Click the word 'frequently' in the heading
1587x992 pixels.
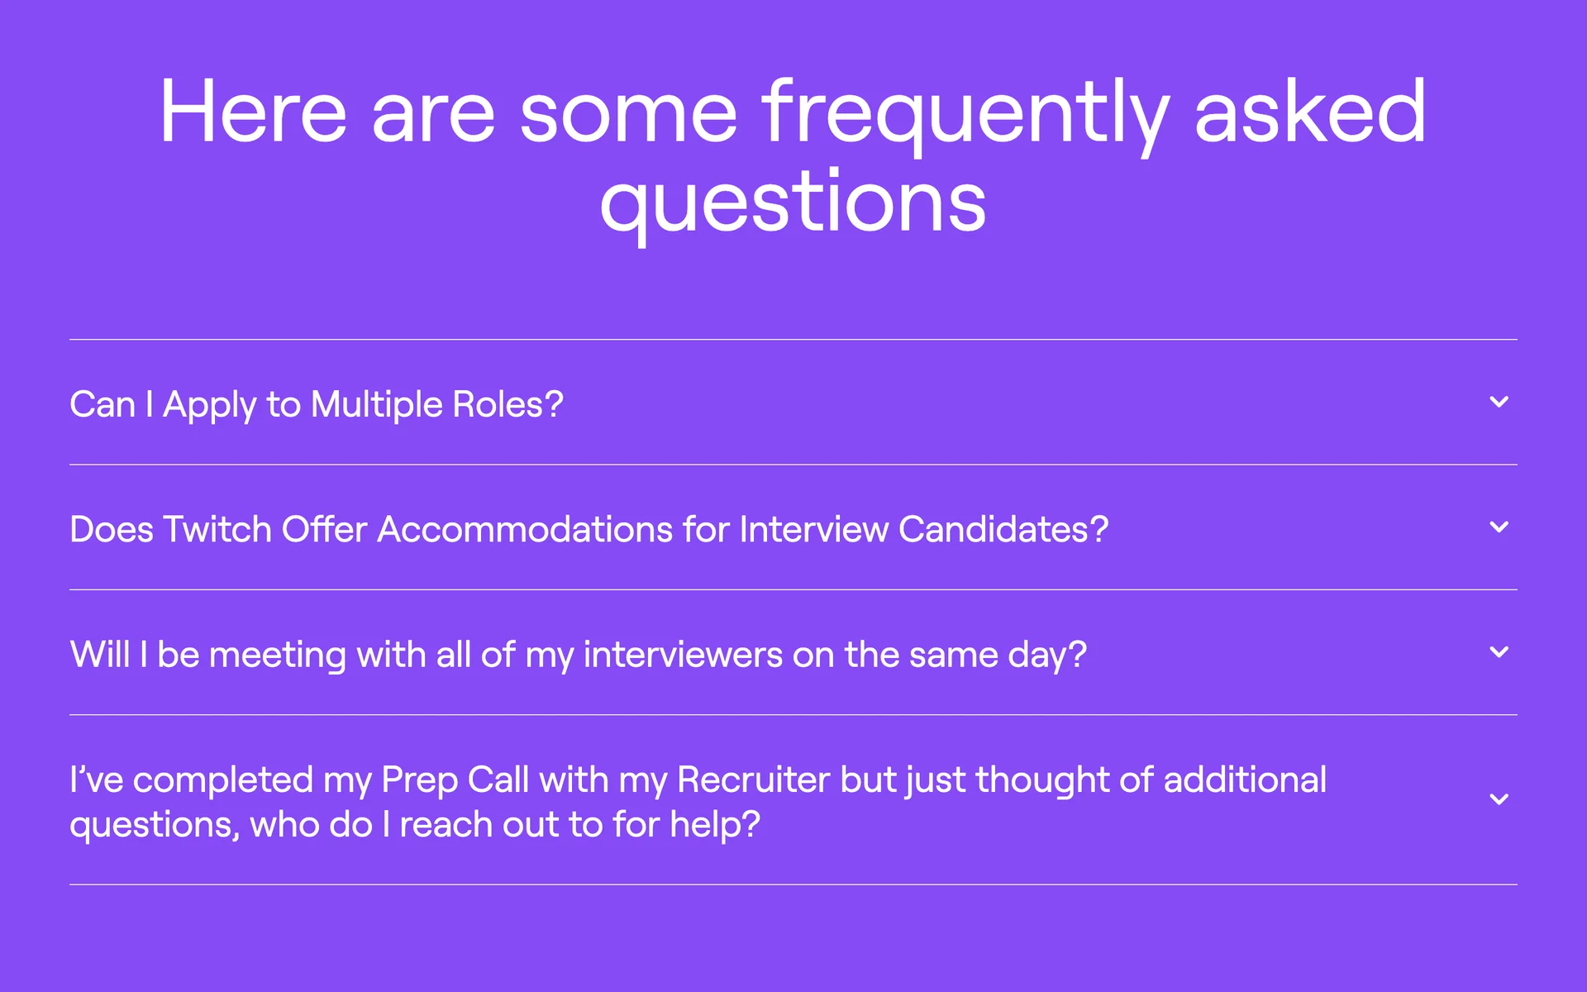click(965, 115)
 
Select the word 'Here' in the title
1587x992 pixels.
click(254, 111)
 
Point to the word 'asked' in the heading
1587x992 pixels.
click(1311, 111)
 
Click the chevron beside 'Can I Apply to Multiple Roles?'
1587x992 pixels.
click(1499, 402)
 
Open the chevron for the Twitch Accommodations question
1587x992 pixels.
click(1499, 527)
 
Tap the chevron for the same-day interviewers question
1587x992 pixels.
click(1499, 652)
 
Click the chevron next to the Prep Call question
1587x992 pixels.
click(1499, 799)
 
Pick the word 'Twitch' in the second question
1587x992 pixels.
click(217, 529)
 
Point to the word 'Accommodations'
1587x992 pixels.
click(525, 529)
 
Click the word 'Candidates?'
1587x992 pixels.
click(1003, 529)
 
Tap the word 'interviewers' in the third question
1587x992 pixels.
click(684, 655)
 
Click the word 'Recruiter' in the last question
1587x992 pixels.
click(754, 780)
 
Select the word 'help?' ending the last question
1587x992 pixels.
click(715, 826)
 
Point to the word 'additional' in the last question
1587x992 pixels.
click(1245, 780)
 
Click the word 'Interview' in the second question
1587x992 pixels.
click(814, 529)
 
